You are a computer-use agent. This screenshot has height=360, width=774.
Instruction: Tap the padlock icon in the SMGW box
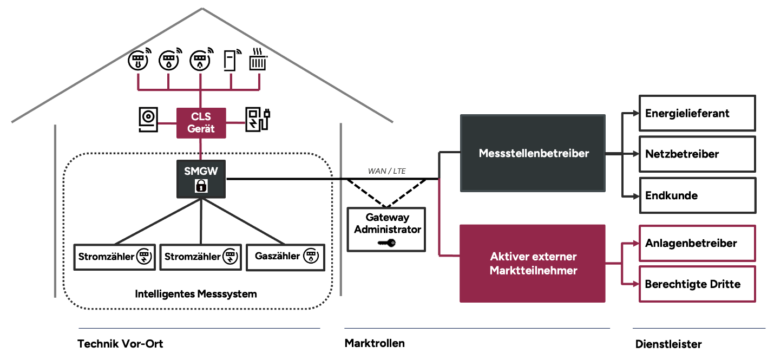pos(201,186)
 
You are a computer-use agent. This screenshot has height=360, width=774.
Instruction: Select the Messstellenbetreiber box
pos(533,153)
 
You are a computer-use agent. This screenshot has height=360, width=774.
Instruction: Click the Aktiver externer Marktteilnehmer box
pos(533,263)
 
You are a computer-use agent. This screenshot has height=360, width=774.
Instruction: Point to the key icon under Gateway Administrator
pos(387,243)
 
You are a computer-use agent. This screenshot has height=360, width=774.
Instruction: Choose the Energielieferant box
pos(697,113)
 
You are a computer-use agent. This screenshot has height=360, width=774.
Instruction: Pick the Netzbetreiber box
pos(697,154)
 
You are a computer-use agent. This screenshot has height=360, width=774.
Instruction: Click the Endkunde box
pos(697,195)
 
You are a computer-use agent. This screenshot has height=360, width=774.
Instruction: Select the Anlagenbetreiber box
pos(697,243)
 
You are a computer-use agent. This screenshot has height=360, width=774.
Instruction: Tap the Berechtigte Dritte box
pos(697,284)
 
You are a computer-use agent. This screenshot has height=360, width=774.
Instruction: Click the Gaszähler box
pos(285,257)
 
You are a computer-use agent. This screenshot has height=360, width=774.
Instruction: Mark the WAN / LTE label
pos(386,172)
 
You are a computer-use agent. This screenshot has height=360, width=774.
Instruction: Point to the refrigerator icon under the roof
pos(231,60)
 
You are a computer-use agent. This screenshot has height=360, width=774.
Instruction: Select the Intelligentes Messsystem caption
pos(196,294)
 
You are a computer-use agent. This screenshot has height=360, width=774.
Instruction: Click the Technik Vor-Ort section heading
pos(120,344)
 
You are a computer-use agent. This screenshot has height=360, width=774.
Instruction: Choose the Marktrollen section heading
pos(375,343)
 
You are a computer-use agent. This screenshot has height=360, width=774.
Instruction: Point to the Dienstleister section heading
pos(668,344)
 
